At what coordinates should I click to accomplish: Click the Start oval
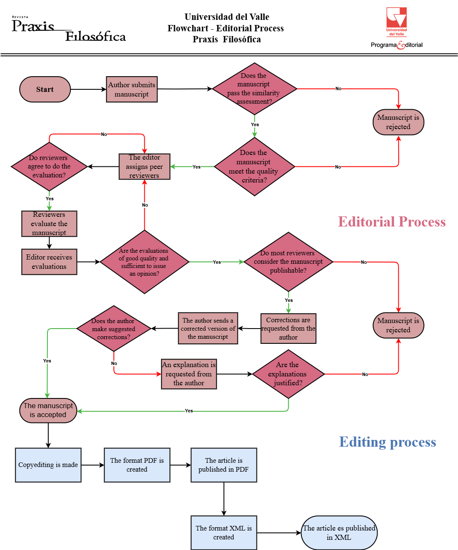(x=45, y=89)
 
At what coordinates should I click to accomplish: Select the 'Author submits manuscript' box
(x=132, y=89)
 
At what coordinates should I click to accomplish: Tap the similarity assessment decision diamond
(x=254, y=89)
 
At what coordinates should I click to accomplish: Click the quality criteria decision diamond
(x=254, y=166)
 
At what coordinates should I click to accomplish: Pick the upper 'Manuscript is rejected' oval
(x=398, y=122)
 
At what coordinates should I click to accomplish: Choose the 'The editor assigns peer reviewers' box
(x=144, y=166)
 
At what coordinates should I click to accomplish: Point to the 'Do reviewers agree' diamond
(x=49, y=166)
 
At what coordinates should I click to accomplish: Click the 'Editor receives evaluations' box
(x=49, y=262)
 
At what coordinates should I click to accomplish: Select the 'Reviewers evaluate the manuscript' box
(x=49, y=224)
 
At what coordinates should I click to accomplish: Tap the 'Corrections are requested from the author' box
(x=288, y=329)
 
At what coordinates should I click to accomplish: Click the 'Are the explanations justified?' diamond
(x=288, y=374)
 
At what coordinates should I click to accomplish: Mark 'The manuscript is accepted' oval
(x=48, y=410)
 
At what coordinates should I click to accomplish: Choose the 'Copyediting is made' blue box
(x=48, y=465)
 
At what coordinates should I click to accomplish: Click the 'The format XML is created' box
(x=223, y=533)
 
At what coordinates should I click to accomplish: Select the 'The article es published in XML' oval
(x=339, y=533)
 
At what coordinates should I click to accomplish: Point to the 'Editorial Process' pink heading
(x=392, y=222)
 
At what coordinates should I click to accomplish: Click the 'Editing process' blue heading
(x=387, y=442)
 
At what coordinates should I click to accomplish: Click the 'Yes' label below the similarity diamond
(x=255, y=124)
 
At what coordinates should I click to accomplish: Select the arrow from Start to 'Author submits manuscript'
(x=88, y=89)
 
